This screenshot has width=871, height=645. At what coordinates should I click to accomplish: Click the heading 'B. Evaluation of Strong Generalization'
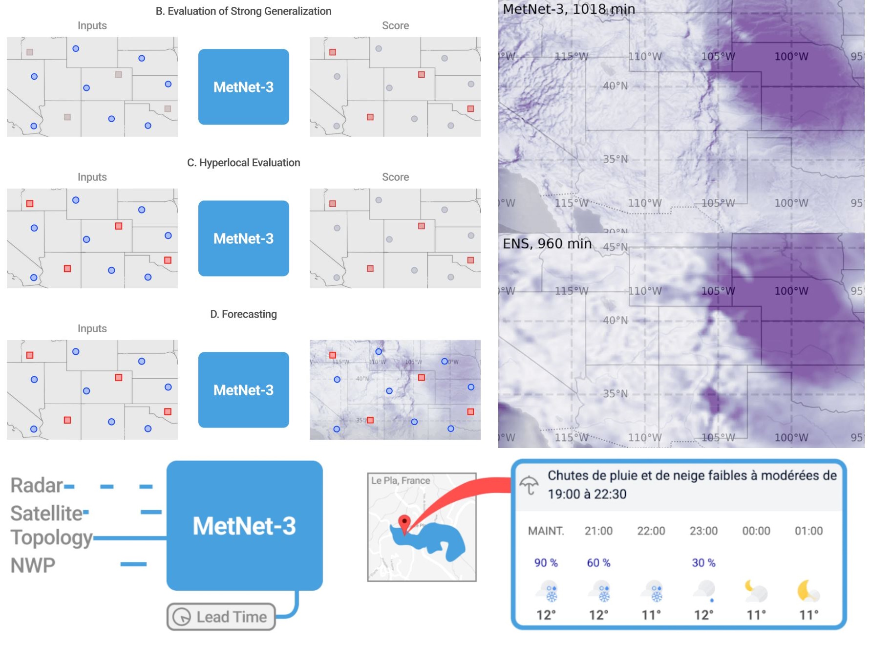point(243,11)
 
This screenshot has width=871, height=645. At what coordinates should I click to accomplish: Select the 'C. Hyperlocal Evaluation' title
point(243,163)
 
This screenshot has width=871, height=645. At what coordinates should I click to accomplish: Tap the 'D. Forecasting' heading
point(243,314)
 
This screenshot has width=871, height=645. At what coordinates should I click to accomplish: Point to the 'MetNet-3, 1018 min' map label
point(569,9)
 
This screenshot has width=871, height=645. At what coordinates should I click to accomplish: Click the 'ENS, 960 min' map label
point(547,243)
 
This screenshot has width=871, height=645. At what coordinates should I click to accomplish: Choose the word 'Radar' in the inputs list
point(37,486)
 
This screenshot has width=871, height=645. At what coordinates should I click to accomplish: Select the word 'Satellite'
point(46,514)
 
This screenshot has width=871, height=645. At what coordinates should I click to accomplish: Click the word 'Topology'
point(51,538)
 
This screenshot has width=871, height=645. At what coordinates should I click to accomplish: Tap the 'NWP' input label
point(33,565)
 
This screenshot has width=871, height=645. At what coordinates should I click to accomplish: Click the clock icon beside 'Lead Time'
point(182,617)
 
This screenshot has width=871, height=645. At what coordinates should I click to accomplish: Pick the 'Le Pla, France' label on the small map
point(401,481)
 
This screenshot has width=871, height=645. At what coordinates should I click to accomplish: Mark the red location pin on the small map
point(404,522)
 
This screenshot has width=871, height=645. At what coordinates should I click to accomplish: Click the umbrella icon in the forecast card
point(529,485)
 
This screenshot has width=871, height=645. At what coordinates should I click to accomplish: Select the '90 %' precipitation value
point(546,563)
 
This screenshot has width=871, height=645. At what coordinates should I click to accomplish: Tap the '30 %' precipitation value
point(703,563)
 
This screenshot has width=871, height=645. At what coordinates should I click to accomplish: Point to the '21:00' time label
point(598,531)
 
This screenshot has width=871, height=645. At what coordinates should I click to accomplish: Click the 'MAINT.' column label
point(546,531)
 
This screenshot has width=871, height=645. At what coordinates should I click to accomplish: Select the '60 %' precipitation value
point(598,563)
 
